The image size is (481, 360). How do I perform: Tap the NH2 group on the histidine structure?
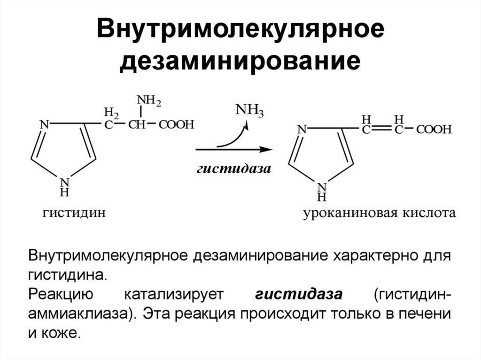coord(148,101)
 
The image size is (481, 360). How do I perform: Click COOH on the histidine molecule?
coord(176,125)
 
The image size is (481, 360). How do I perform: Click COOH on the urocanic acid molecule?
coord(434,129)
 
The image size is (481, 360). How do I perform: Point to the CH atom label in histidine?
coord(138,125)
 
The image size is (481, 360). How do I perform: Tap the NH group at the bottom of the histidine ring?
coord(65,186)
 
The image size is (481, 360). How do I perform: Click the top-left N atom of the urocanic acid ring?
coord(302,129)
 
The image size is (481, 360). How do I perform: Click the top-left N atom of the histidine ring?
coord(44,125)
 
